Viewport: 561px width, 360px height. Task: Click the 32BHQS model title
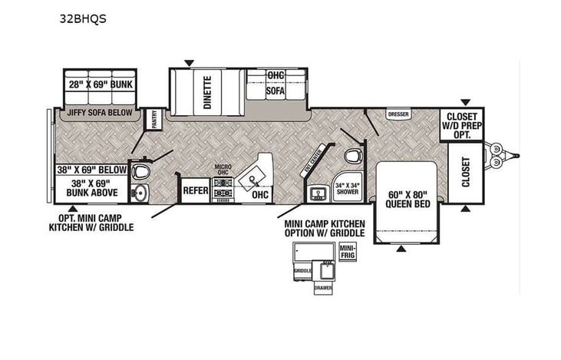tap(82, 21)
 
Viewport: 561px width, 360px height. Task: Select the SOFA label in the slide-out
tap(276, 90)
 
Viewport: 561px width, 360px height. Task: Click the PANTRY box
tap(154, 119)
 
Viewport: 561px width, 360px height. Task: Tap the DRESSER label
tap(398, 114)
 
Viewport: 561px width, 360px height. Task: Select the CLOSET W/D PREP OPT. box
tap(460, 125)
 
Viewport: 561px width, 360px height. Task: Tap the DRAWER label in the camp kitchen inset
tap(325, 288)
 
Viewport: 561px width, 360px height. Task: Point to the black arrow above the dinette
tap(190, 62)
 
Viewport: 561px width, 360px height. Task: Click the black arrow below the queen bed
tap(401, 248)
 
